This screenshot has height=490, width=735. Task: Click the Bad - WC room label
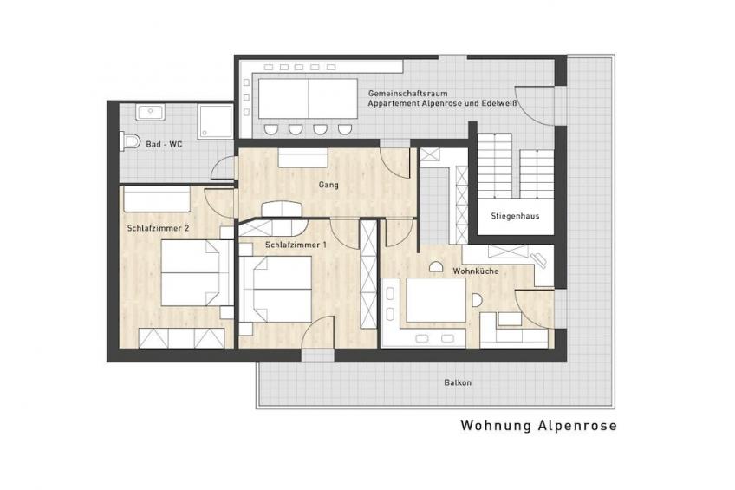164,145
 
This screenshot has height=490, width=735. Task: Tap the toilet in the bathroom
130,141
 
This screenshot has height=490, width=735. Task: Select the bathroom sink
151,113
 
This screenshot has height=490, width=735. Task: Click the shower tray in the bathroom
216,121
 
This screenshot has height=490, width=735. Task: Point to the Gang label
328,185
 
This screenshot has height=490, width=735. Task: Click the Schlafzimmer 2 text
158,228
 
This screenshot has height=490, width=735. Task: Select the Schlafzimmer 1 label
296,245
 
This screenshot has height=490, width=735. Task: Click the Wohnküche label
475,271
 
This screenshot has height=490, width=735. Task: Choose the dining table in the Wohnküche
436,300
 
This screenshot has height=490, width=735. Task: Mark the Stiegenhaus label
515,216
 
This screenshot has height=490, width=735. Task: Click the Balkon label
458,382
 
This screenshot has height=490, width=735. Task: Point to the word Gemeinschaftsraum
408,94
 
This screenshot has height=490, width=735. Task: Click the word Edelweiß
498,103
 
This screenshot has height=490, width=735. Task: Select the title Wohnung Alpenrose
538,425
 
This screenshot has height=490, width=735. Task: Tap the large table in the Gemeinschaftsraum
308,99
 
